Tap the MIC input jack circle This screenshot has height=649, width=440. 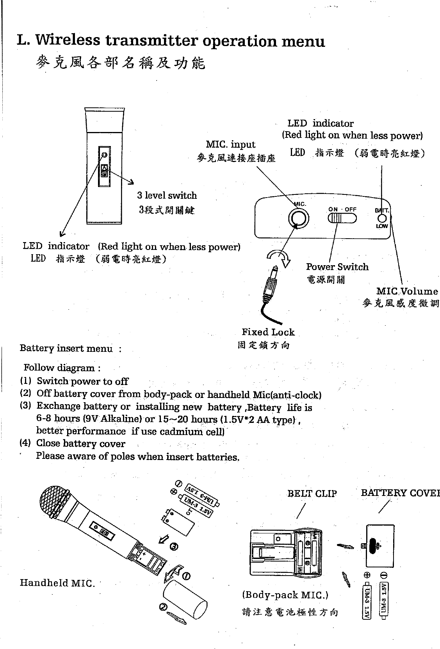pyautogui.click(x=298, y=218)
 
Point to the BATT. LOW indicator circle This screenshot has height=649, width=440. pyautogui.click(x=383, y=219)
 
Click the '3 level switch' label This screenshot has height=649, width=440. pyautogui.click(x=167, y=195)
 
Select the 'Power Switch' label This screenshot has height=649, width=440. pyautogui.click(x=337, y=267)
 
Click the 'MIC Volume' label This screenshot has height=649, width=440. pyautogui.click(x=407, y=291)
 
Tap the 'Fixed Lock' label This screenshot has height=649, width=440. pyautogui.click(x=268, y=332)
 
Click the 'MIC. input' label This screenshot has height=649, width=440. pyautogui.click(x=230, y=144)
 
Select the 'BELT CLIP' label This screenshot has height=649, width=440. pyautogui.click(x=312, y=494)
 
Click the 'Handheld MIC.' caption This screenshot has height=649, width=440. pyautogui.click(x=57, y=583)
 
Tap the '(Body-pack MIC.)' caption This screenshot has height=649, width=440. pyautogui.click(x=285, y=595)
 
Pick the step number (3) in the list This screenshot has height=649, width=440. pyautogui.click(x=25, y=406)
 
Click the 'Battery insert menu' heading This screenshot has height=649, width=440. pyautogui.click(x=66, y=348)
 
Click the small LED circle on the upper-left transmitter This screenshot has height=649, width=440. pyautogui.click(x=104, y=155)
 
